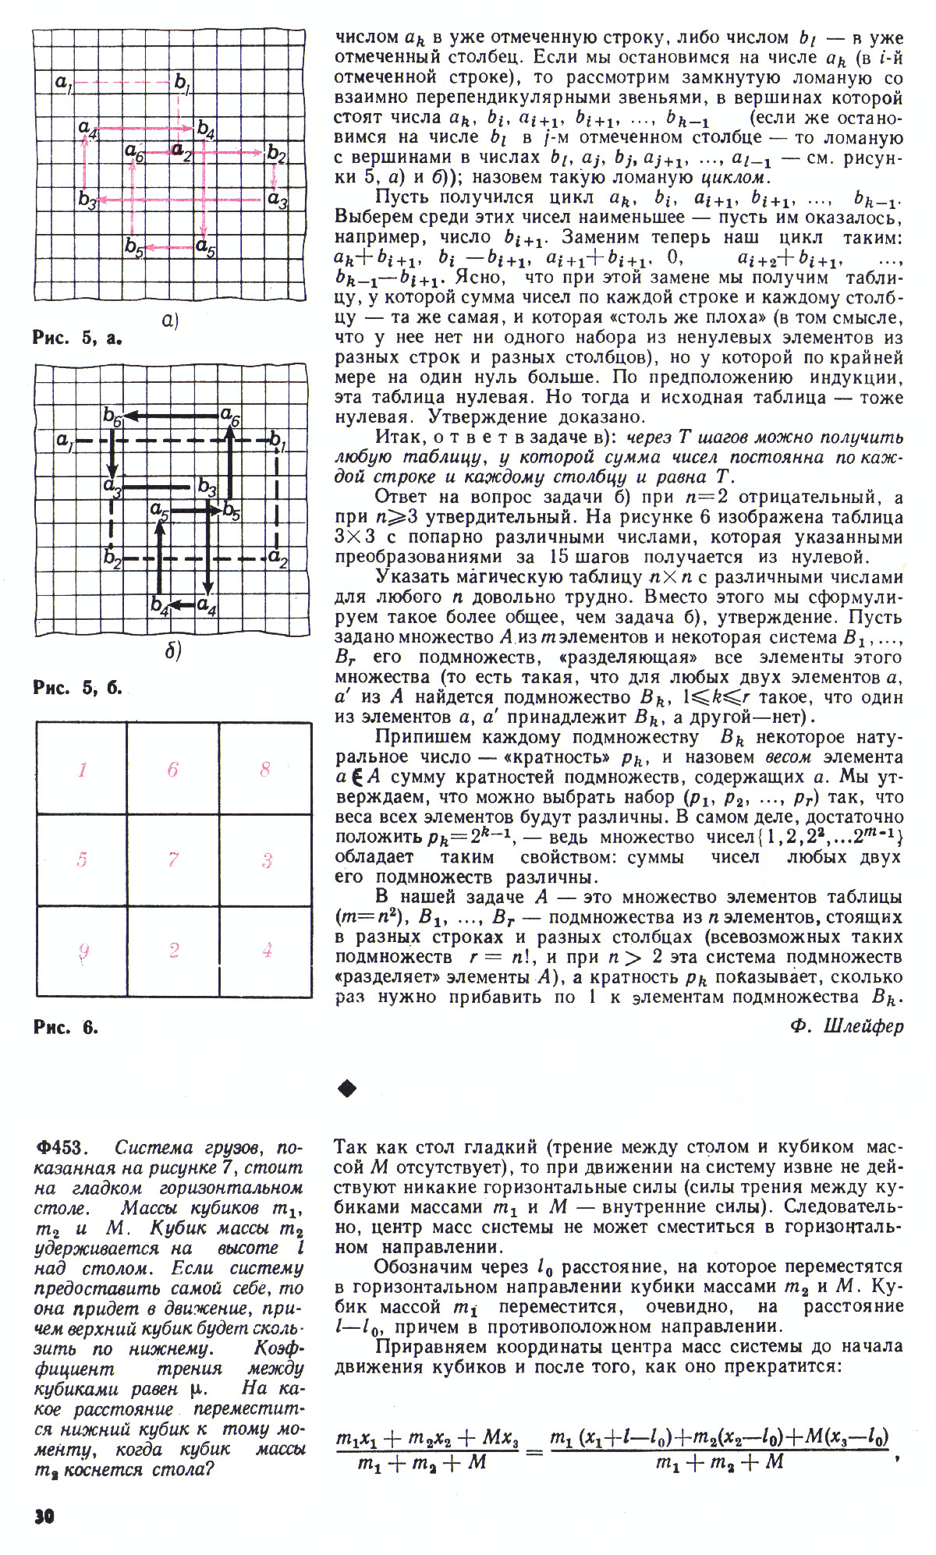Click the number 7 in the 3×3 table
tap(173, 859)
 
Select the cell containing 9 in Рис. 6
tap(82, 950)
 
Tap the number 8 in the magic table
tap(265, 770)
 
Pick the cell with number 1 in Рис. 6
tap(82, 770)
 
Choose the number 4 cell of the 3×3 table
tap(266, 950)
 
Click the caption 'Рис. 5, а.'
tap(79, 338)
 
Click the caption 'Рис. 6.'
tap(66, 1027)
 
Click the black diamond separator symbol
tap(346, 1088)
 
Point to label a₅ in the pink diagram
tap(207, 249)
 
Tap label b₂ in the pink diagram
tap(277, 154)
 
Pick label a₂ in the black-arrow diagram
tap(278, 558)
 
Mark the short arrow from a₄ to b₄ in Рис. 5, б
tap(182, 604)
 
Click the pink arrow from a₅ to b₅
tap(171, 248)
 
